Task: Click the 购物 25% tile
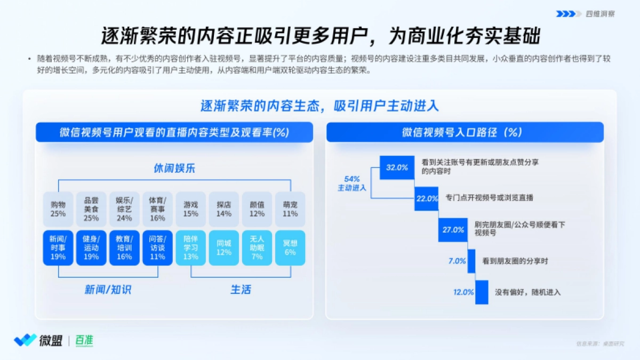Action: tap(58, 209)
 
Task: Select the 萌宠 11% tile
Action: tap(290, 209)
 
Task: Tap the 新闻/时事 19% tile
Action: tap(58, 248)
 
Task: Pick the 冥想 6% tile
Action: tap(290, 248)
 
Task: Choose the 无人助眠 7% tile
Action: tap(257, 248)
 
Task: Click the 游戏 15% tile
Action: tap(190, 209)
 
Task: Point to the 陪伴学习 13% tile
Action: tap(190, 248)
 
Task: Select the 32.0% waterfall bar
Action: tap(397, 167)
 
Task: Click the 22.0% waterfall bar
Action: tap(427, 198)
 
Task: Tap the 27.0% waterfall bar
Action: tap(453, 229)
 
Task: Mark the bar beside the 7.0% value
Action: tap(471, 261)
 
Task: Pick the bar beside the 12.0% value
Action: tap(482, 292)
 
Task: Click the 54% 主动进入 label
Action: tap(352, 183)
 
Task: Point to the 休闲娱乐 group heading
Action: tap(174, 169)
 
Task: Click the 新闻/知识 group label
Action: tap(108, 290)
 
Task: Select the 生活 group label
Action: tap(241, 290)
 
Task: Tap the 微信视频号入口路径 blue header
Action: tap(465, 132)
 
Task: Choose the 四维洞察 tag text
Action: tap(600, 14)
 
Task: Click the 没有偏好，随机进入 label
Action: tap(528, 292)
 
